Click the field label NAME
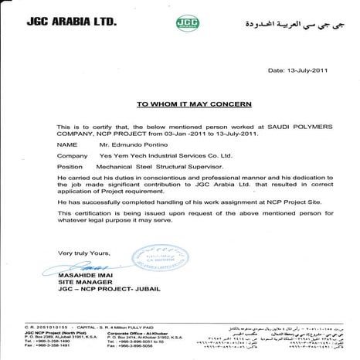[x=67, y=144]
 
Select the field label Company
[x=72, y=155]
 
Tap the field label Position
[x=71, y=165]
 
